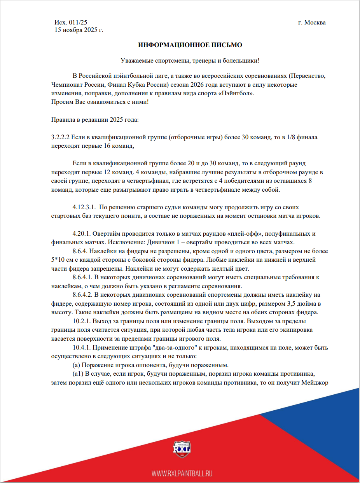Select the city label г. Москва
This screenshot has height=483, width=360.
click(312, 22)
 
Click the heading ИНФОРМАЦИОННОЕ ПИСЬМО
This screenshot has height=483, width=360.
click(190, 45)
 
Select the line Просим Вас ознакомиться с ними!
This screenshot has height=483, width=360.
click(100, 101)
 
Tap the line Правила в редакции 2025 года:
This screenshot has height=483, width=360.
click(95, 120)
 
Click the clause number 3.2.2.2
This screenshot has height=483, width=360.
click(60, 138)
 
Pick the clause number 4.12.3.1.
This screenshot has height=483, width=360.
click(84, 207)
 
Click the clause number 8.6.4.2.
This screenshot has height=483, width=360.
click(84, 295)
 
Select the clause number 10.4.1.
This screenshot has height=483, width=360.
click(82, 347)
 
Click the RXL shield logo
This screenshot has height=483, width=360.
click(182, 450)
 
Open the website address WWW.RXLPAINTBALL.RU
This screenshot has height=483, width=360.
click(182, 473)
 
